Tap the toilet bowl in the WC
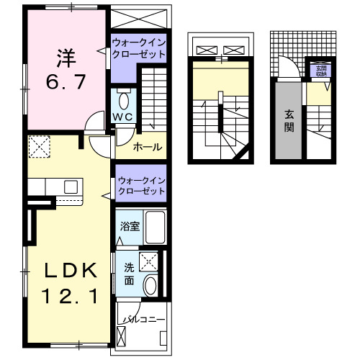122,99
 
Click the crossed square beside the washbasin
149,262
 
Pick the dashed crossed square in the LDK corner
38,148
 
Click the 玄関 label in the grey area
289,120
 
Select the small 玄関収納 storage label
320,70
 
